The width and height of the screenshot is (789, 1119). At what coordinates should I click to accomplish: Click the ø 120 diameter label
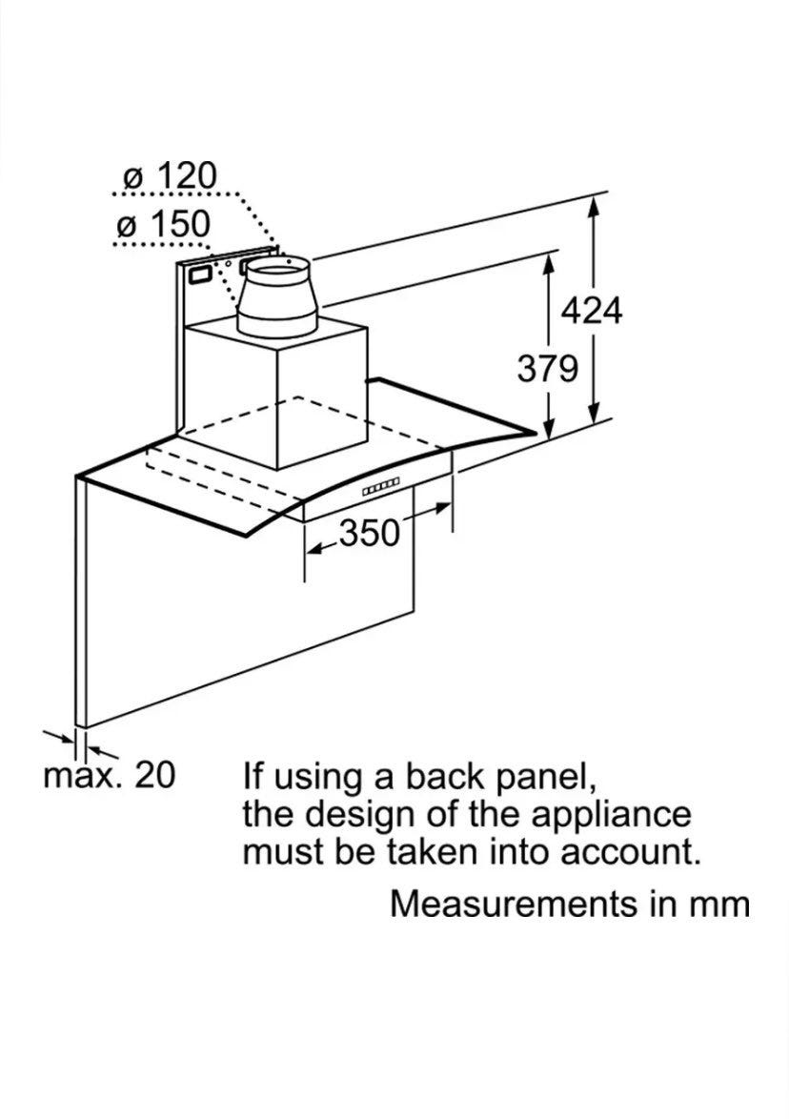169,176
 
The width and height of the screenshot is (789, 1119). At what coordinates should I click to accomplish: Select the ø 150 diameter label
163,224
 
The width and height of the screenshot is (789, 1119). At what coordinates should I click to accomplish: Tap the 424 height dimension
592,311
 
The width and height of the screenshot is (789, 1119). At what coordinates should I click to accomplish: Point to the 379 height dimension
547,369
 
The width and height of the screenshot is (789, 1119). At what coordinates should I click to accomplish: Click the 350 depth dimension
369,533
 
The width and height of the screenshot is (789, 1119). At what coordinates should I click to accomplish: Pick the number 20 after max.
154,774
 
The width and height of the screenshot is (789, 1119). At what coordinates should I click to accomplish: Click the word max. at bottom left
83,776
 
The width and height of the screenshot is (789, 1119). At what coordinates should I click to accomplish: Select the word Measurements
514,904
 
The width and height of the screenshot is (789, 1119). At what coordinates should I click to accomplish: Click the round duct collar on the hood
276,296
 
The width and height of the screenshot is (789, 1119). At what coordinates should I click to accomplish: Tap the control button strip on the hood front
379,487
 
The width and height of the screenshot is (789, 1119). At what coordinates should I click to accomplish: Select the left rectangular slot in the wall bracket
199,275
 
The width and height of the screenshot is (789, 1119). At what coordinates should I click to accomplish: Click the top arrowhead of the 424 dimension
594,206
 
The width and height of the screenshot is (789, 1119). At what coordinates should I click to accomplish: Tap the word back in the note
446,777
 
